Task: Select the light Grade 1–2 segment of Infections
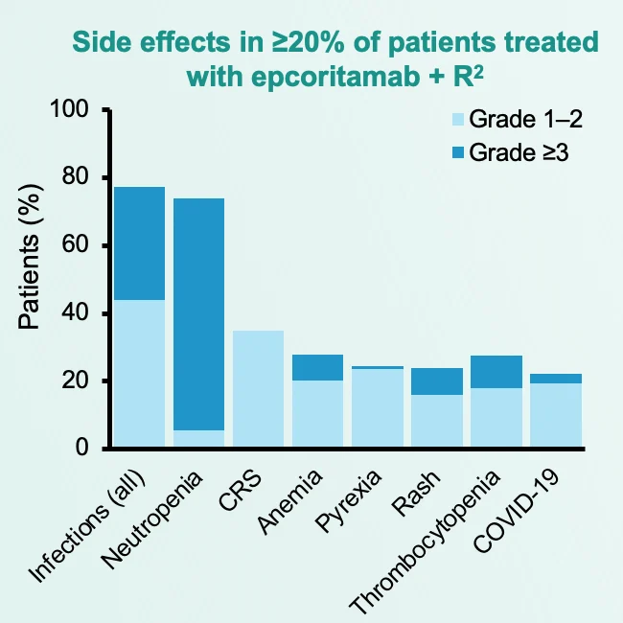point(139,374)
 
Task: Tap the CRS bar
point(259,389)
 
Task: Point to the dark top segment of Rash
point(437,381)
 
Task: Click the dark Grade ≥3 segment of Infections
point(139,243)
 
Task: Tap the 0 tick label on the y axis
point(83,450)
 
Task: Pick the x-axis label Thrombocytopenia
point(427,542)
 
